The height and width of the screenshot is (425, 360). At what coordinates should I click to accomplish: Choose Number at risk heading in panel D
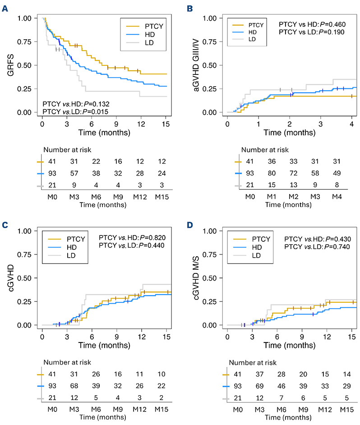pyautogui.click(x=250, y=362)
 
